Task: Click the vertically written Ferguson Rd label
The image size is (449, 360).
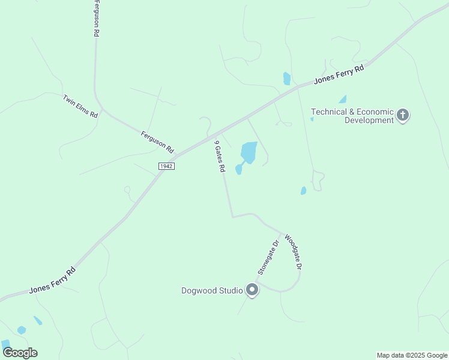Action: coord(95,19)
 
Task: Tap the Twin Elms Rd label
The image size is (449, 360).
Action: coord(80,106)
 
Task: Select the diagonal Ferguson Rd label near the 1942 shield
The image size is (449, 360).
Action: coord(157,142)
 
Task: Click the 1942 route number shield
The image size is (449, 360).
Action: coord(166,166)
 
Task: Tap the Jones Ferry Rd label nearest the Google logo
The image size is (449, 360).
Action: coord(52,281)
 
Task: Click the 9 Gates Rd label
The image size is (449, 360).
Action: coord(220,157)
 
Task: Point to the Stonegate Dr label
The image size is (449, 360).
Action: coord(268,257)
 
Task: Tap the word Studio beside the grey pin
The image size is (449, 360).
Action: coord(232,291)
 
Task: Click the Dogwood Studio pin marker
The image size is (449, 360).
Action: coord(253,291)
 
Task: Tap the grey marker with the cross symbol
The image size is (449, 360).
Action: coord(403,115)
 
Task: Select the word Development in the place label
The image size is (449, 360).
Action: coord(369,120)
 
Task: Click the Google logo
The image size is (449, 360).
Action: coord(20,353)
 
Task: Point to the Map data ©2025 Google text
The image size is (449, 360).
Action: coord(412,355)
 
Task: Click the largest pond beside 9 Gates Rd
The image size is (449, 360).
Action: coord(249,152)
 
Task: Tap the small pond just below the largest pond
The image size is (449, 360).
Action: coord(239,170)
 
